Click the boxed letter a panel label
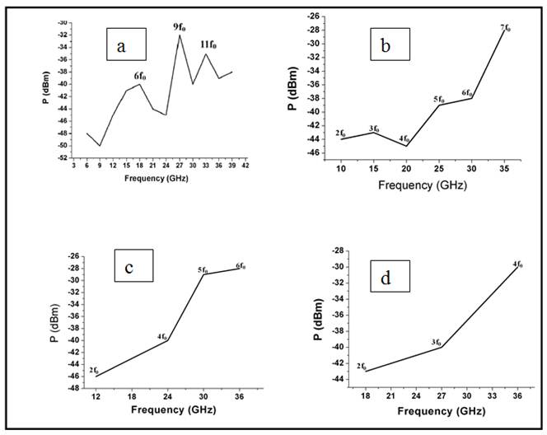click(x=121, y=46)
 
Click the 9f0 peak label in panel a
click(x=180, y=27)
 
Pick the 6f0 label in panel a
click(x=142, y=76)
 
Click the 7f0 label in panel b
click(x=505, y=28)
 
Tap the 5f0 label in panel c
click(x=203, y=269)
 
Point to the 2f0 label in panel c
click(x=95, y=371)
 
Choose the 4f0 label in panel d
click(x=517, y=264)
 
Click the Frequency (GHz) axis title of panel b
click(x=423, y=185)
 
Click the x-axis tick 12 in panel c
click(x=96, y=397)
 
